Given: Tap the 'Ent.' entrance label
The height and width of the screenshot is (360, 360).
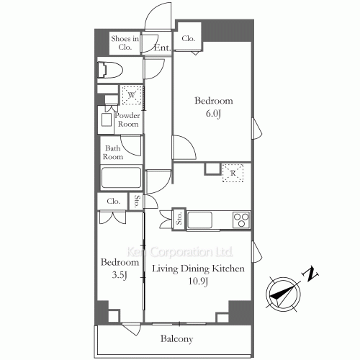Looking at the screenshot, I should pyautogui.click(x=162, y=48).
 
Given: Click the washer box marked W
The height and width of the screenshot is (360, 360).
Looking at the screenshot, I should pyautogui.click(x=131, y=95).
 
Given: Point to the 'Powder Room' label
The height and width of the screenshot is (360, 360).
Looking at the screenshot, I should pyautogui.click(x=127, y=120).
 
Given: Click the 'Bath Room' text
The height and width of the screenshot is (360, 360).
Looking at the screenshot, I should pyautogui.click(x=112, y=152).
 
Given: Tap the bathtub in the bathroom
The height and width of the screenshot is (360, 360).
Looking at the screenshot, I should pyautogui.click(x=121, y=178).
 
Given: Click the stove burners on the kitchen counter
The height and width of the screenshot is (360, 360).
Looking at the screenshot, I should pyautogui.click(x=240, y=218).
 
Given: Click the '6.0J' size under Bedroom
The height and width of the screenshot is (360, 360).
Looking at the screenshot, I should pyautogui.click(x=214, y=114).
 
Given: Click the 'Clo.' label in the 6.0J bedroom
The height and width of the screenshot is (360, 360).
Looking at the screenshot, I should pyautogui.click(x=189, y=39).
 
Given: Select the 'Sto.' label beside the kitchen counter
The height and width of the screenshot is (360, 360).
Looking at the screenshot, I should pyautogui.click(x=179, y=219).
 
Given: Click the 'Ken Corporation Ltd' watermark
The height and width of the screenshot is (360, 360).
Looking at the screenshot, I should pyautogui.click(x=179, y=253).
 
